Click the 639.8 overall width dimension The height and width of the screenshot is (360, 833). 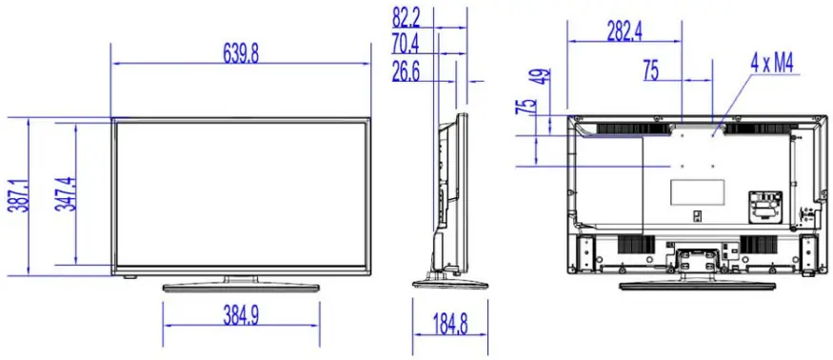point(241,52)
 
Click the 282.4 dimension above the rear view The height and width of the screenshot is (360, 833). point(624,30)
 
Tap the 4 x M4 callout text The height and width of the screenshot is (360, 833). point(772,64)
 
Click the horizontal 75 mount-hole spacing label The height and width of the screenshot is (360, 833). point(651,70)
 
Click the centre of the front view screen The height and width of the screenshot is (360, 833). point(241,195)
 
